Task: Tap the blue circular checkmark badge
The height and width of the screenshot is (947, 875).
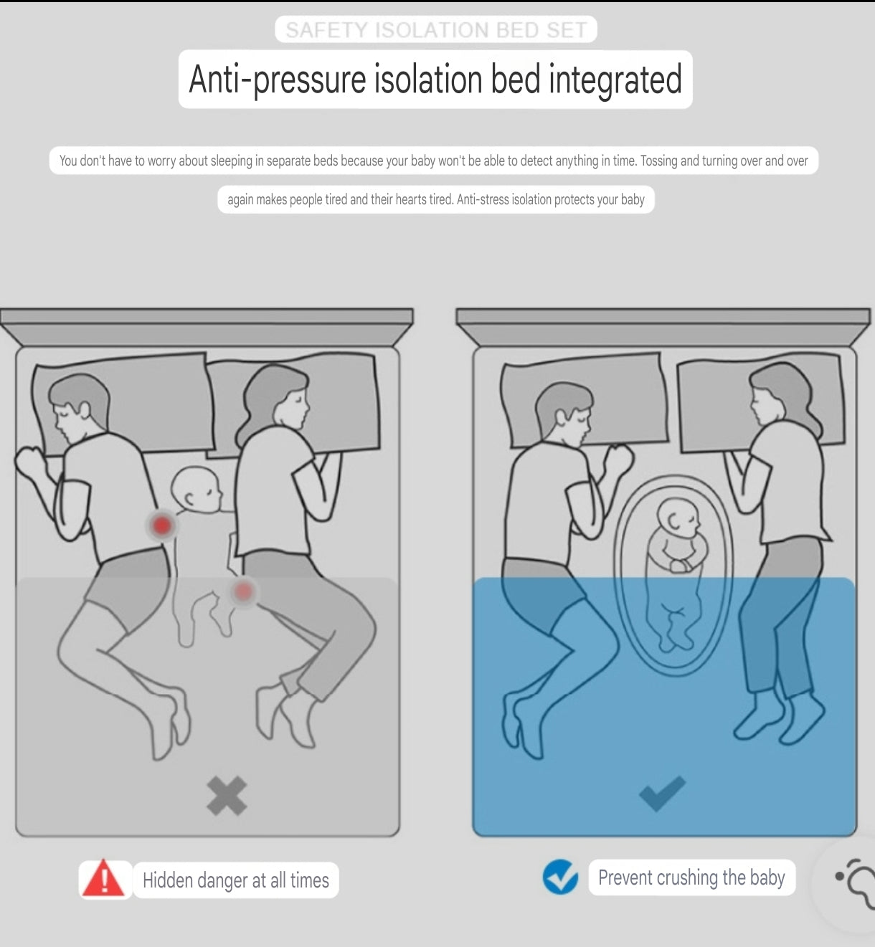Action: (x=560, y=877)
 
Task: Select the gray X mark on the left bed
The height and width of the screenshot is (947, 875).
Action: (x=227, y=796)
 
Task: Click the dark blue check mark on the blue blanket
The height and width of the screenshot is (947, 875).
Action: (x=662, y=793)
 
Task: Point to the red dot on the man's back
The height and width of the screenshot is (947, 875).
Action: (x=161, y=525)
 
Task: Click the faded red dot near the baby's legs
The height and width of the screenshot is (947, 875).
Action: (x=243, y=591)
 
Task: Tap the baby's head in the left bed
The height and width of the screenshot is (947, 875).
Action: (x=196, y=490)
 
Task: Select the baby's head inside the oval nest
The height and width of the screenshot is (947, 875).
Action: (x=678, y=518)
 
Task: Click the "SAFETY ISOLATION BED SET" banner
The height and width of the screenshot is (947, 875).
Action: (x=436, y=29)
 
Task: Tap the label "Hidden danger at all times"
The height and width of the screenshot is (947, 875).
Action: (x=236, y=880)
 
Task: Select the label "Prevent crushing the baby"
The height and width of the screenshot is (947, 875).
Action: (x=691, y=877)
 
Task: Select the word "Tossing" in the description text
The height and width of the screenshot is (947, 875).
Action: (x=658, y=161)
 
